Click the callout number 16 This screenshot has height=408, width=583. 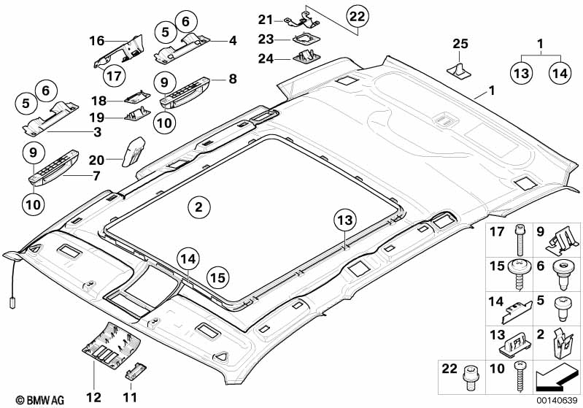click(x=97, y=41)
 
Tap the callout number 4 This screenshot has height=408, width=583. click(x=233, y=41)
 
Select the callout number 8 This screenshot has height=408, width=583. click(x=233, y=76)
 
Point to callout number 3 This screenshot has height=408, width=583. click(x=96, y=132)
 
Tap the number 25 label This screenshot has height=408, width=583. click(x=459, y=45)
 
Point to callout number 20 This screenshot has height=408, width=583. click(x=96, y=158)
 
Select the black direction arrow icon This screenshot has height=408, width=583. click(x=555, y=378)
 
